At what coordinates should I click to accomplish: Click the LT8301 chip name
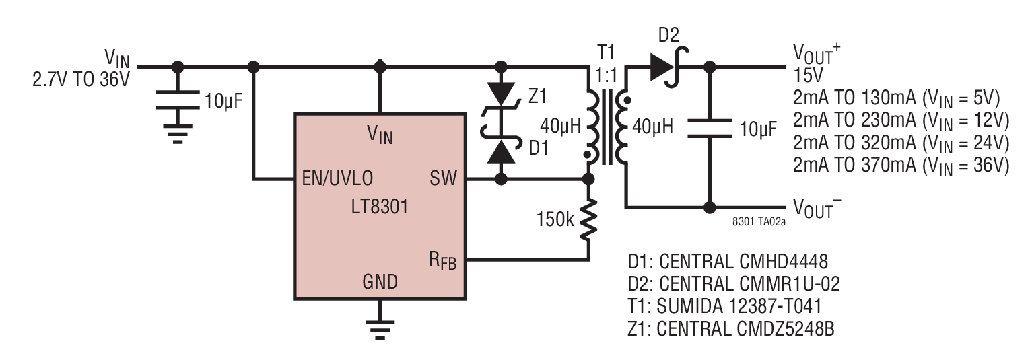[380, 207]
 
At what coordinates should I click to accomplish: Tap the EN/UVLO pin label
[337, 178]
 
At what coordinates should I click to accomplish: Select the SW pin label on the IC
[443, 178]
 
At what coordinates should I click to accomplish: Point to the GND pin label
[380, 281]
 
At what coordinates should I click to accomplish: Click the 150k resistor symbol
[588, 220]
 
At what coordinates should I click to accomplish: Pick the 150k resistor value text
[555, 219]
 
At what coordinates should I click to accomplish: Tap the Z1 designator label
[537, 96]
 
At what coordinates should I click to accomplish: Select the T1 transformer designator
[606, 52]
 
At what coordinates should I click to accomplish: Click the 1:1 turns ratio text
[606, 75]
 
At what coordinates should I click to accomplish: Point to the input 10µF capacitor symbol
[178, 100]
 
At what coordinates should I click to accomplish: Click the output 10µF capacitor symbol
[710, 129]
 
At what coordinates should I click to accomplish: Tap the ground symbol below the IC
[380, 330]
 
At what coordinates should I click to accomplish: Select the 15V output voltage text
[808, 75]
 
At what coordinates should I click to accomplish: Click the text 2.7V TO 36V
[81, 79]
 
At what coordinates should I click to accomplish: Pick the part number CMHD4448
[784, 261]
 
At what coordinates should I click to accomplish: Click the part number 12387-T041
[776, 305]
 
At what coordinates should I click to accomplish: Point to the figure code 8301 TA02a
[759, 222]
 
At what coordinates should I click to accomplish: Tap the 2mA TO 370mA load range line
[901, 165]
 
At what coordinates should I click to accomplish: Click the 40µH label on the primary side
[561, 126]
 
